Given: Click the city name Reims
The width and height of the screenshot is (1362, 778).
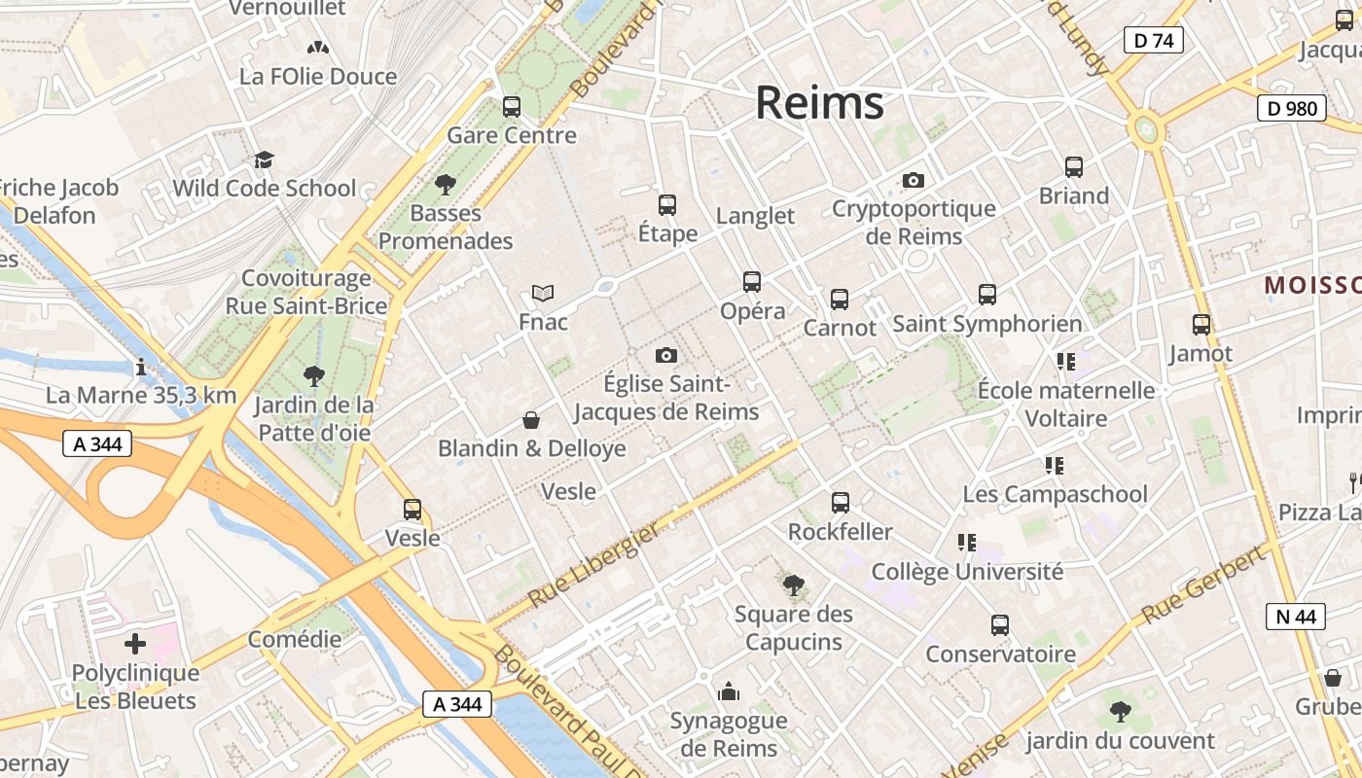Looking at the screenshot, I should [819, 102].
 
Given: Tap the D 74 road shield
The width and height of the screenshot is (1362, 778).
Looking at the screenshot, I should [1153, 40].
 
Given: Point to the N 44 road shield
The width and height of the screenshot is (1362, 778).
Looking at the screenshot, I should [1295, 616].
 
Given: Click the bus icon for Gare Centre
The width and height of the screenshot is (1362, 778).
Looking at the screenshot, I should [512, 107].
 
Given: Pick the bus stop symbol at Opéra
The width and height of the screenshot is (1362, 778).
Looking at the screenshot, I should [752, 282].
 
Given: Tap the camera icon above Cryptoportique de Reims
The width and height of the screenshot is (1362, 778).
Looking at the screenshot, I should [913, 180].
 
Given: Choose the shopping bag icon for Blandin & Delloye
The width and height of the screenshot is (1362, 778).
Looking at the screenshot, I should [531, 420].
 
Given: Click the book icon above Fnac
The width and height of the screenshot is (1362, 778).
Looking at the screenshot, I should [543, 293].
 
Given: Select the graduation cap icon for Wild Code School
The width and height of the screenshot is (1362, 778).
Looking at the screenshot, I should [264, 160].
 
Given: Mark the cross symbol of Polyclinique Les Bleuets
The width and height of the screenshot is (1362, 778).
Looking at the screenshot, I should [135, 644].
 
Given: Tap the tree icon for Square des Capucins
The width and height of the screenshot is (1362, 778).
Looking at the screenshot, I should [794, 585].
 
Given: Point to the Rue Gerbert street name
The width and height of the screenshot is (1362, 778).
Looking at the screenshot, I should [1204, 584].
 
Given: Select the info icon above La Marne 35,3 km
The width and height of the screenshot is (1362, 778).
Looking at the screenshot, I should [141, 368].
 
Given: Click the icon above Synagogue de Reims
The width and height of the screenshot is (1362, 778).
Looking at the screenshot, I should [729, 692].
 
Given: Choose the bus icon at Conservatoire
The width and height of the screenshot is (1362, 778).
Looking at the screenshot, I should [1000, 625].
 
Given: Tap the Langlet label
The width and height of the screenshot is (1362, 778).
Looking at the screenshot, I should [755, 215].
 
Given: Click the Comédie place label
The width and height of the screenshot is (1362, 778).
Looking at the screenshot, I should [295, 639].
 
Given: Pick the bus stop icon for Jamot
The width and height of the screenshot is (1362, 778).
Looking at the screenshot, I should [1201, 325].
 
